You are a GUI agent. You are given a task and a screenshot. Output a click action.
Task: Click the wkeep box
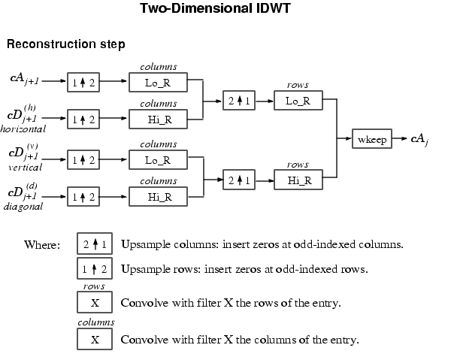pyautogui.click(x=371, y=139)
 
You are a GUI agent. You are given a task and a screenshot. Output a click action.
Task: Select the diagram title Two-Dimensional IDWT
pyautogui.click(x=225, y=10)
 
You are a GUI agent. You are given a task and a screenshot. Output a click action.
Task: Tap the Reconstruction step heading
pyautogui.click(x=66, y=45)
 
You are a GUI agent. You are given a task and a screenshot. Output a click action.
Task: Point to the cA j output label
pyautogui.click(x=419, y=139)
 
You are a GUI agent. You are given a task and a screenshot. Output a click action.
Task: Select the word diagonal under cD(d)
pyautogui.click(x=23, y=205)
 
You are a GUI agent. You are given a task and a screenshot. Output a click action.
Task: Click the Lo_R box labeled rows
pyautogui.click(x=298, y=101)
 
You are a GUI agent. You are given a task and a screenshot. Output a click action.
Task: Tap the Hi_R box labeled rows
pyautogui.click(x=298, y=180)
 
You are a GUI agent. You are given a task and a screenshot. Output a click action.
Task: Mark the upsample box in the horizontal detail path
pyautogui.click(x=83, y=119)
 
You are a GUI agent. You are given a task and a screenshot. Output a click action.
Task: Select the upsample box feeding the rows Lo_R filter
pyautogui.click(x=239, y=101)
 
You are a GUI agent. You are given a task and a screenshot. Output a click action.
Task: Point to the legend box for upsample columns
pyautogui.click(x=95, y=244)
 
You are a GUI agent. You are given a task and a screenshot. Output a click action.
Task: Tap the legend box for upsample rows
pyautogui.click(x=95, y=268)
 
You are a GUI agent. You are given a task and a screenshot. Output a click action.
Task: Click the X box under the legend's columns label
pyautogui.click(x=95, y=339)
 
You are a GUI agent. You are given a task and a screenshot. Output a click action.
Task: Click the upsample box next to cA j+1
pyautogui.click(x=83, y=82)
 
